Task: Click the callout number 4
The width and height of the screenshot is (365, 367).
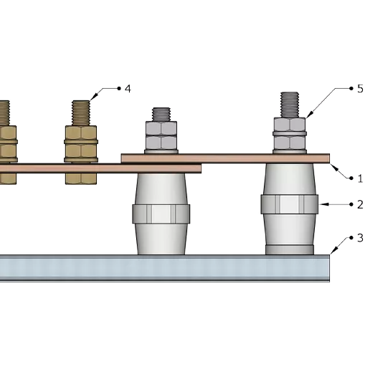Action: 128,89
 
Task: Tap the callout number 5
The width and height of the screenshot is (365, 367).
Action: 360,89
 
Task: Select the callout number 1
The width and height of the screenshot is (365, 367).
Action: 360,178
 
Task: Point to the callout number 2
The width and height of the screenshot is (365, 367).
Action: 360,205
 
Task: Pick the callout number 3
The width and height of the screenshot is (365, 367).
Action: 360,238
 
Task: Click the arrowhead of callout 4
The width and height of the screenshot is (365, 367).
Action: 93,97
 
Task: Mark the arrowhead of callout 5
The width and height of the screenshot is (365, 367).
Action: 308,115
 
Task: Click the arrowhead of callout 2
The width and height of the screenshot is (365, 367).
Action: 323,204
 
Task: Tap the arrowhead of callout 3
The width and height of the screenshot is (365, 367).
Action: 333,251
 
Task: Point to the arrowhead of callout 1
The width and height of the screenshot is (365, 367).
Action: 333,167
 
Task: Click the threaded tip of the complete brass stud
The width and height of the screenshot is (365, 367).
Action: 81,113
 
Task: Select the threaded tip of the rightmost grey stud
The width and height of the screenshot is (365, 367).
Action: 290,105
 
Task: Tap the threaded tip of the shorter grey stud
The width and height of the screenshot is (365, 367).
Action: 161,115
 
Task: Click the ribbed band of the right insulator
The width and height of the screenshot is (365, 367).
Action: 290,204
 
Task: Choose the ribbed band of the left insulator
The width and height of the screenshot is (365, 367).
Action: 161,214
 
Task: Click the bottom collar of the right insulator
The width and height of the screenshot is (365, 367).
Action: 290,249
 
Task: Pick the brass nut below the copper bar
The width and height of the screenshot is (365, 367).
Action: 81,178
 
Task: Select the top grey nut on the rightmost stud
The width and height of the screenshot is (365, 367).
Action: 290,124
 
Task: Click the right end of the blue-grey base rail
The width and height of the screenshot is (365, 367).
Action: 329,268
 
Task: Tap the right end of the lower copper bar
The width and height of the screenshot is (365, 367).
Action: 200,168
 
